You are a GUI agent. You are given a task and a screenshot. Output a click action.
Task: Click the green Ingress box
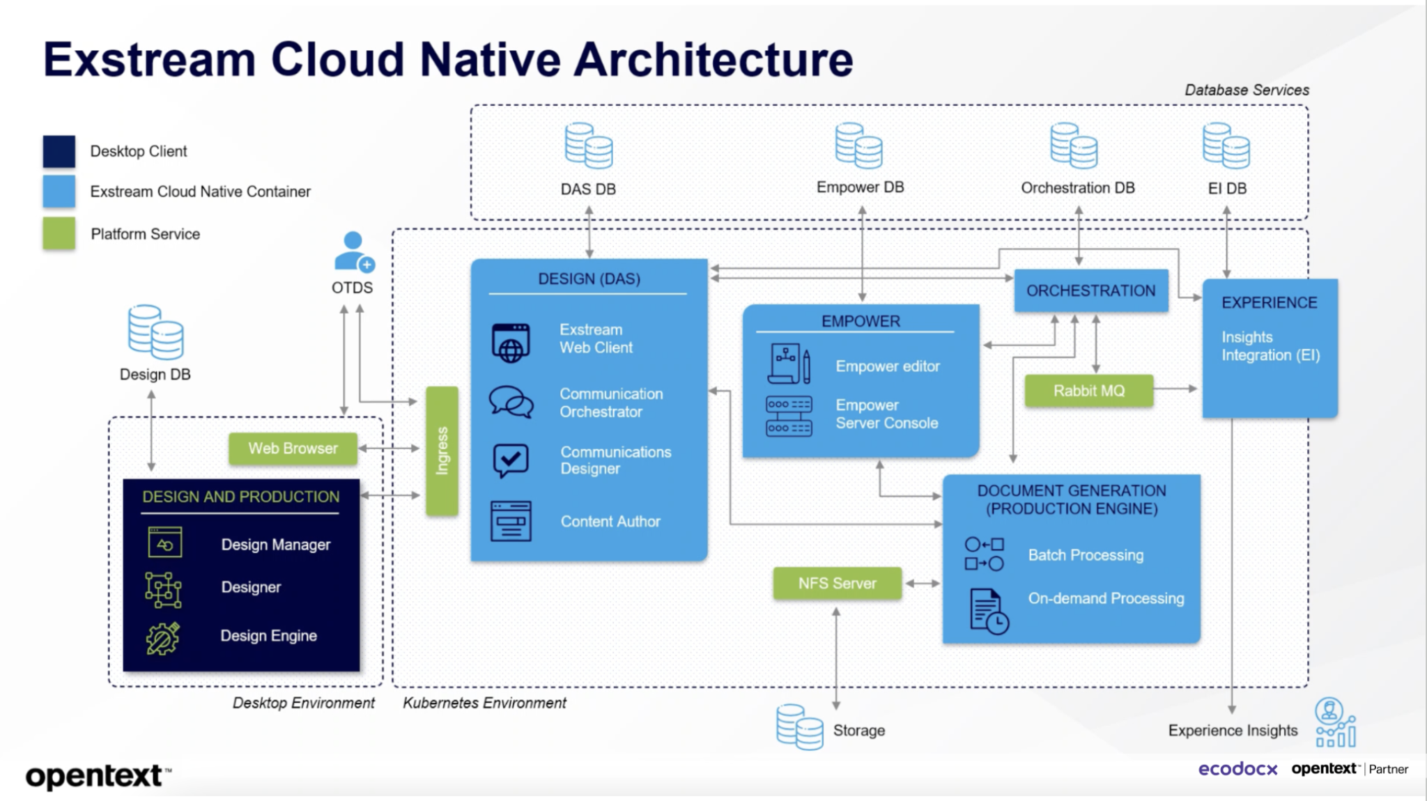click(x=442, y=451)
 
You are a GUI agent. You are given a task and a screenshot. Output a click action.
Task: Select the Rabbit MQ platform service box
click(x=1088, y=391)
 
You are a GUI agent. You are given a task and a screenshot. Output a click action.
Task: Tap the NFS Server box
click(x=837, y=583)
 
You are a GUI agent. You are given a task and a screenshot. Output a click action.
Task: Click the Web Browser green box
click(x=293, y=449)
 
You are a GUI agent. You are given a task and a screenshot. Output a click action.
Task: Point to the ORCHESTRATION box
click(x=1090, y=290)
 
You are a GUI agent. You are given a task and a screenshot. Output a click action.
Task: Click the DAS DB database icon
click(x=588, y=146)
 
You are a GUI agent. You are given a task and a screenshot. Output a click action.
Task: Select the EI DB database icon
click(x=1226, y=146)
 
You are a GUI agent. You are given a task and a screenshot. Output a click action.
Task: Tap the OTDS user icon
click(x=354, y=252)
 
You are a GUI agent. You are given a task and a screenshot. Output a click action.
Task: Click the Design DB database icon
click(x=155, y=332)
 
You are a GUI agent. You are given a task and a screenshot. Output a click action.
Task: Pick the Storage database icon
click(x=799, y=726)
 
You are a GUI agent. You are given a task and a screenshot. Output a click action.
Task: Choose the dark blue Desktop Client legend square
click(x=59, y=151)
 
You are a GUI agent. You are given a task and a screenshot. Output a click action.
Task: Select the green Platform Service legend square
click(x=59, y=233)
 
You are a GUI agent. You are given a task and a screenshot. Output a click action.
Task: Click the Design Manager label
click(x=276, y=545)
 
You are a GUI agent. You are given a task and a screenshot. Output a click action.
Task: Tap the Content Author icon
click(x=511, y=521)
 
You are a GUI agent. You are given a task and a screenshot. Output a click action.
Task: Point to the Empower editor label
click(x=887, y=366)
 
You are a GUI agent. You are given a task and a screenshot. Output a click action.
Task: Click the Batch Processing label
click(x=1086, y=555)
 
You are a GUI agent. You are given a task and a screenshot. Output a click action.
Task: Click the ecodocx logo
click(x=1237, y=769)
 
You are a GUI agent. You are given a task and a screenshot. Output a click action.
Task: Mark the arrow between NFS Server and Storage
click(x=836, y=658)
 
